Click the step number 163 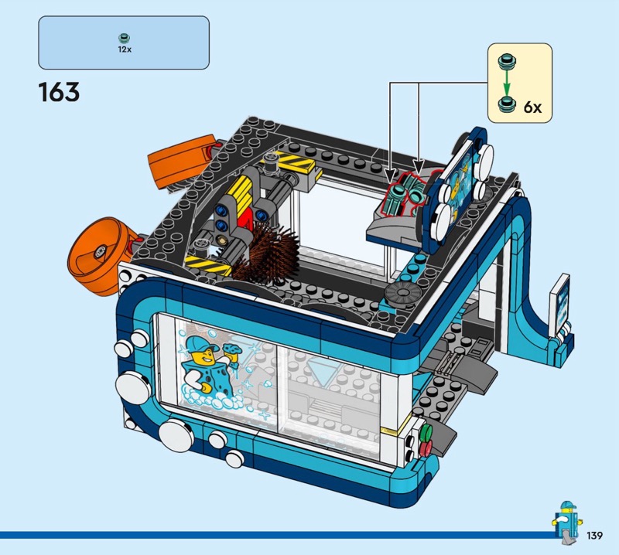point(59,92)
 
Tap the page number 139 point(594,536)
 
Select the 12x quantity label point(125,49)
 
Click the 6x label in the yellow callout point(532,107)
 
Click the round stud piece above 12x point(125,38)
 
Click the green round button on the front point(427,431)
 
